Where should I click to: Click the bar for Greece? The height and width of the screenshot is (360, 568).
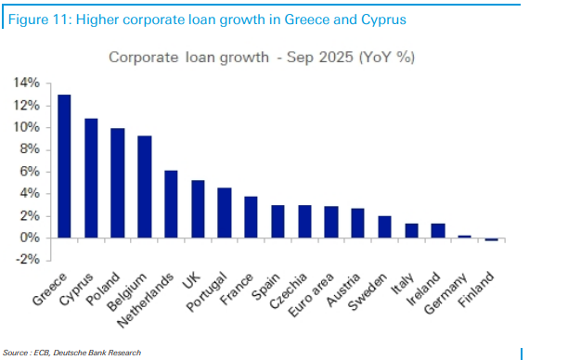(64, 166)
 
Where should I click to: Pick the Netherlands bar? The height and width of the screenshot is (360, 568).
(171, 204)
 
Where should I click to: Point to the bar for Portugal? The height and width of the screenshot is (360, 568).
(225, 212)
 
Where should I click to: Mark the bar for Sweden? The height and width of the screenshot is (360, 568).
(385, 227)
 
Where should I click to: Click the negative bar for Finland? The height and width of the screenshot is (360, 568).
(492, 239)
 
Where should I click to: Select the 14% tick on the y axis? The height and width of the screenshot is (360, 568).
(26, 83)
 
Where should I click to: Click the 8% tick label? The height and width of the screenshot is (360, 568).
(29, 149)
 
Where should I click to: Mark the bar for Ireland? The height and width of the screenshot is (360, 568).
(438, 231)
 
